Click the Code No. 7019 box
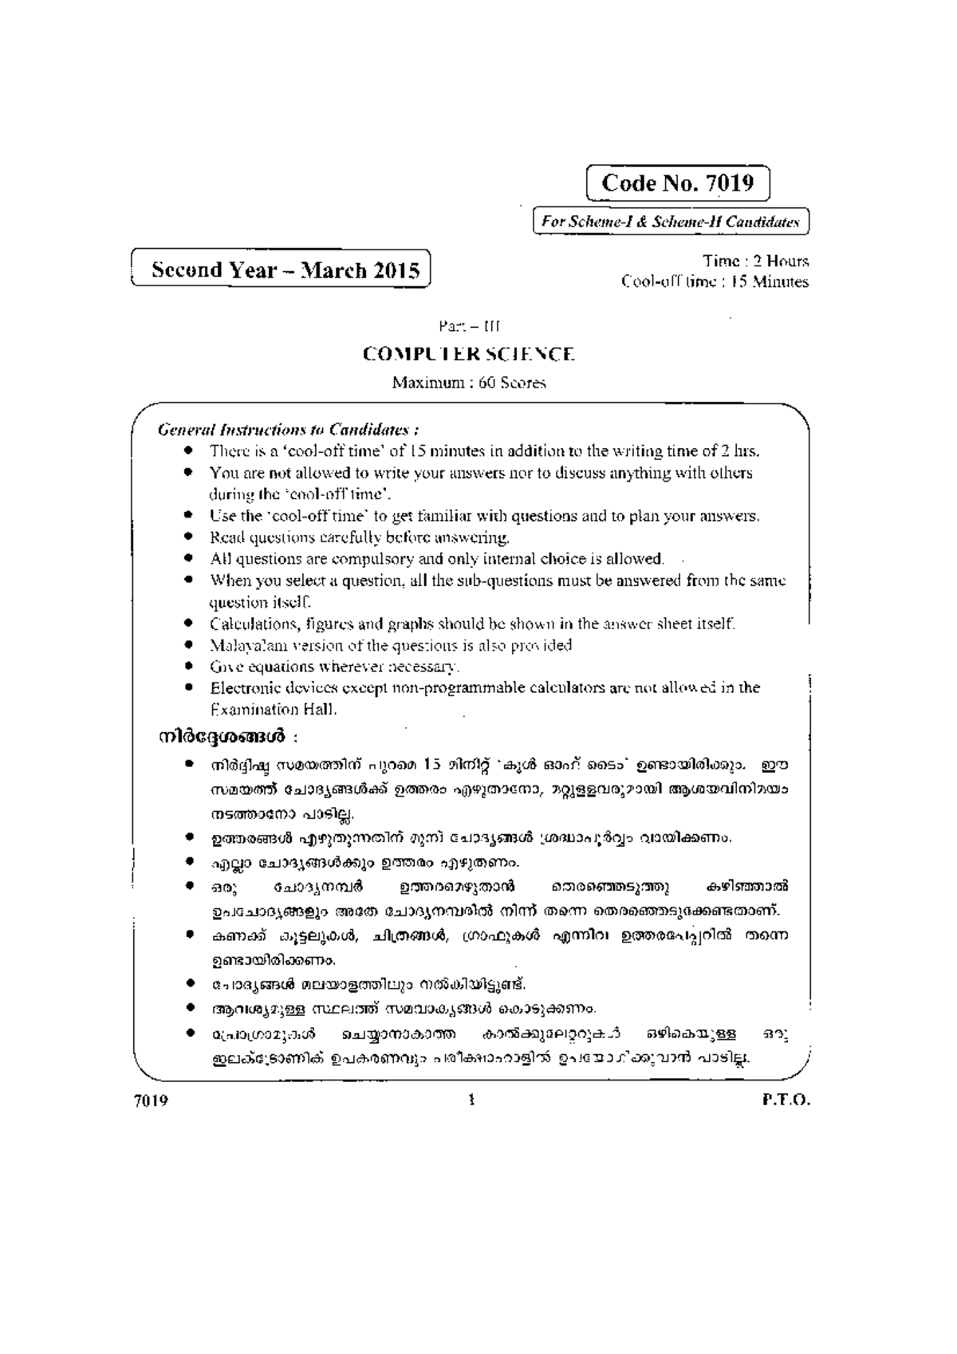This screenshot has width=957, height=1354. point(677,183)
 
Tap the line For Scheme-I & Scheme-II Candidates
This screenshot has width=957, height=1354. point(670,222)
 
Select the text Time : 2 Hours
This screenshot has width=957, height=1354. point(755,261)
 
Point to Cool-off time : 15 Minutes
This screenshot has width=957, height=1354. point(715,281)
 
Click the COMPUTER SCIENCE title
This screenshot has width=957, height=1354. point(468,354)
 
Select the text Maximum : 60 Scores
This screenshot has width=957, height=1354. point(468,383)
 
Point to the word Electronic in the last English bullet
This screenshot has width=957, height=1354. point(242,687)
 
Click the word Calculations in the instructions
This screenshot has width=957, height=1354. point(247,624)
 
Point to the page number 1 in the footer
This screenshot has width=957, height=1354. point(472,1101)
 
